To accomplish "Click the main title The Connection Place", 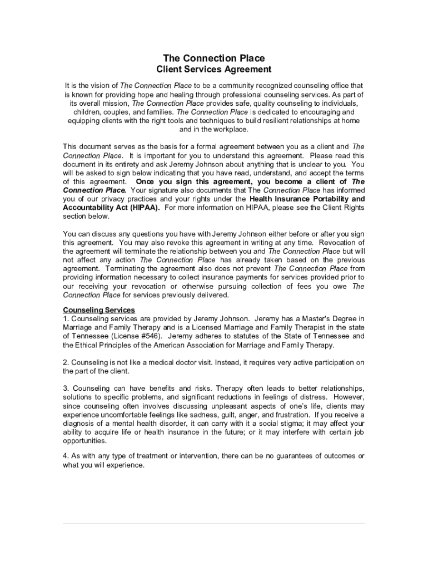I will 213,58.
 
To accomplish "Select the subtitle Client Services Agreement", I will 213,70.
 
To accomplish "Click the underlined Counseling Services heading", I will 99,310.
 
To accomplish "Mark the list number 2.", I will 66,362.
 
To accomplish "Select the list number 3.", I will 66,388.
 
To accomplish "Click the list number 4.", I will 66,456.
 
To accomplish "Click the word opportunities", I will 85,440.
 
